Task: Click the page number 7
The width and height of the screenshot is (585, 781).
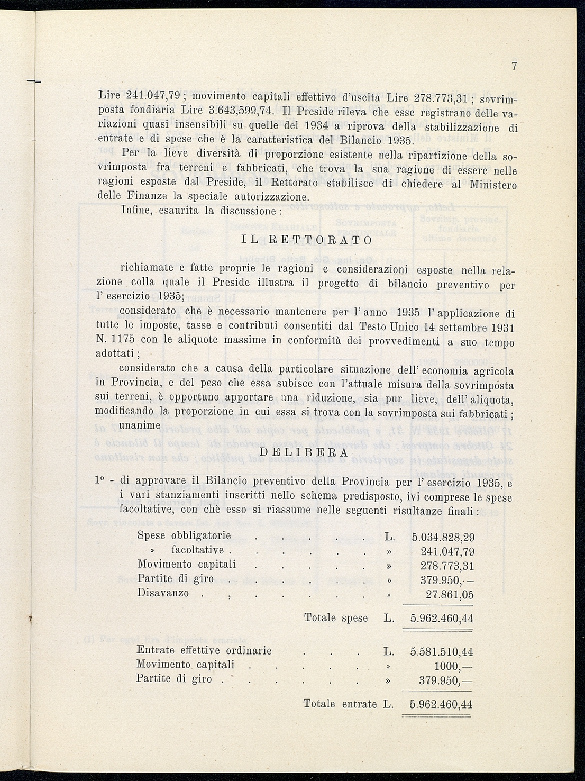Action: [514, 67]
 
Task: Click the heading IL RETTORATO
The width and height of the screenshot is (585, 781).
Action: [307, 240]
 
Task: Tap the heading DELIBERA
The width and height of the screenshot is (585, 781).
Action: [304, 453]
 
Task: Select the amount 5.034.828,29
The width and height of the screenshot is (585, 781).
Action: [443, 537]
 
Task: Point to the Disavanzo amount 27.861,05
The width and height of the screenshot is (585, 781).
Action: [450, 594]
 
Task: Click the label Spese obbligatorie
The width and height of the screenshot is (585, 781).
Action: [184, 535]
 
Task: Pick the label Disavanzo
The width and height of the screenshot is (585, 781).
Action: [163, 593]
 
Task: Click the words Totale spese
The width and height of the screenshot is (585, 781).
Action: [336, 618]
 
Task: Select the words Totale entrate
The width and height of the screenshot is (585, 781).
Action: [340, 704]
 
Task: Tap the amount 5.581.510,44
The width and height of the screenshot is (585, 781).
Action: [442, 652]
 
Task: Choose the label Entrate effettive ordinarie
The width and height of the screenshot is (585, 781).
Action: [204, 651]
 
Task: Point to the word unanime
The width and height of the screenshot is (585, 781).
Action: [140, 425]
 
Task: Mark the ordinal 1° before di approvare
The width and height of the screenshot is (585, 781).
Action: [98, 480]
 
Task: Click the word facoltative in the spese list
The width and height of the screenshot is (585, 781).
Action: [197, 550]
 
